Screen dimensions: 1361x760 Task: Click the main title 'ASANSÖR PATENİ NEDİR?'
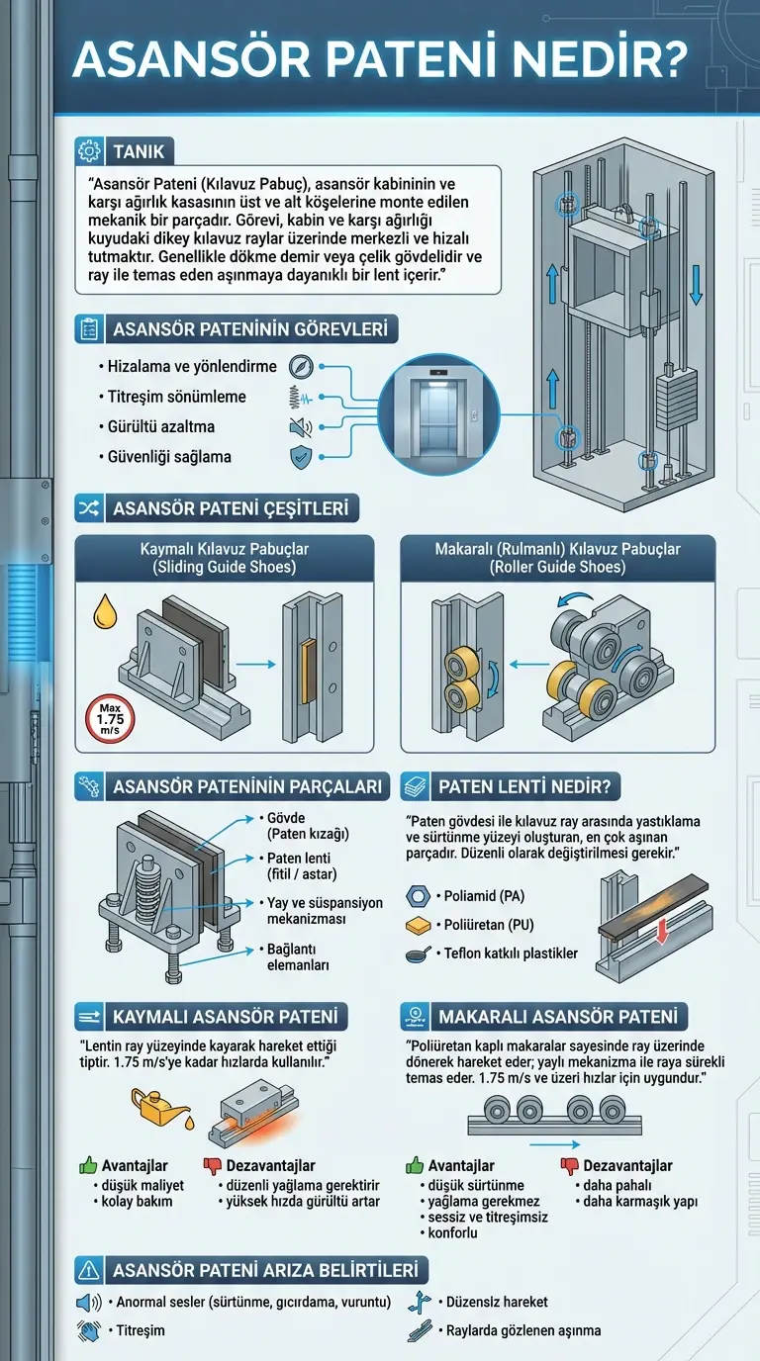coord(380,61)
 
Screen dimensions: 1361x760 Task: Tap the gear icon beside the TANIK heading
coord(89,152)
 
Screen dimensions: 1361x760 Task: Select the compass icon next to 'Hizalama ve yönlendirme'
coord(301,366)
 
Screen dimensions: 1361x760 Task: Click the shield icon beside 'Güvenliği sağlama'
coord(299,457)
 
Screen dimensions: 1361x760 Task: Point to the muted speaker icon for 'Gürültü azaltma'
coord(300,427)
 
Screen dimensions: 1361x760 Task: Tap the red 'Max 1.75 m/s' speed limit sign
coord(108,719)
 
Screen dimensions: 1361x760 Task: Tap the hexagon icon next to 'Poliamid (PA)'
coord(417,896)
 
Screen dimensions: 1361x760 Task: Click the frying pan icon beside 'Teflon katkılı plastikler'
coord(417,954)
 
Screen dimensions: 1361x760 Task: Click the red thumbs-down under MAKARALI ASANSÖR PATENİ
coord(569,1165)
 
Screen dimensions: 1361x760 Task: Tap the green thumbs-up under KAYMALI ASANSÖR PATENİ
coord(88,1165)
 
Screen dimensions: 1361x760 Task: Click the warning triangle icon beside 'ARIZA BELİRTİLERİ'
coord(89,1270)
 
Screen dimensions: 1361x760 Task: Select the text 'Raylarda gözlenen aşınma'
coord(523,1330)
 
